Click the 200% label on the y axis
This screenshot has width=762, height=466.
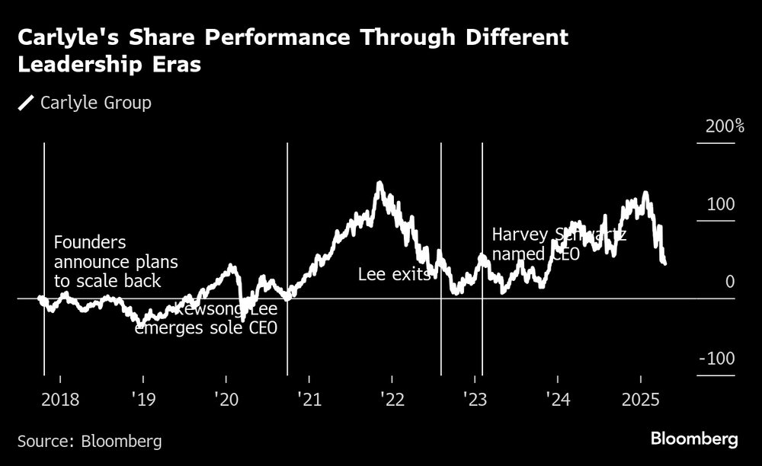pos(725,126)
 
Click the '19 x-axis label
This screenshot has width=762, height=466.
pos(142,400)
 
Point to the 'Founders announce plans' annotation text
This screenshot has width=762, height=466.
pos(115,262)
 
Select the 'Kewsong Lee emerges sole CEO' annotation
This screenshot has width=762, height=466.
pos(206,319)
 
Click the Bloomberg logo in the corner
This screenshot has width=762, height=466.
pos(694,439)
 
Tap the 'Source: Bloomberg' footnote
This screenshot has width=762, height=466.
pos(89,441)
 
